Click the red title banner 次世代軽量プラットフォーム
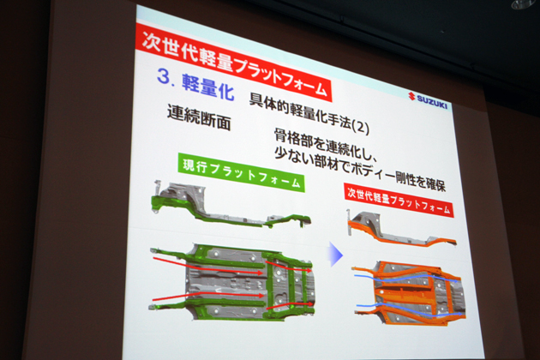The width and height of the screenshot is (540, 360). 233,63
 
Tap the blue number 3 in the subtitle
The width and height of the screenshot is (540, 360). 165,76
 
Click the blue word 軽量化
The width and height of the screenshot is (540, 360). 207,87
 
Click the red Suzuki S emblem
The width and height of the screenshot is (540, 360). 411,96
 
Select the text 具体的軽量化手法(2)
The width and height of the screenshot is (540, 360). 309,113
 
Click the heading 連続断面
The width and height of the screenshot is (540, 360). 199,117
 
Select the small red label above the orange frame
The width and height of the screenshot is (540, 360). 399,200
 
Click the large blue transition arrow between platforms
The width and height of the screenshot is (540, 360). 336,255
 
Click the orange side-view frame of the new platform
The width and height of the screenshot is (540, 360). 400,230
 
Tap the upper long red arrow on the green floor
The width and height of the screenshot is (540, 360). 208,266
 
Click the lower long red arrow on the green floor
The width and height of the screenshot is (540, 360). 208,296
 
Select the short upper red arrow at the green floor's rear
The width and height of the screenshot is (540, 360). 289,267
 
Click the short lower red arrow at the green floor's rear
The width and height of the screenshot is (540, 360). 290,305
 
